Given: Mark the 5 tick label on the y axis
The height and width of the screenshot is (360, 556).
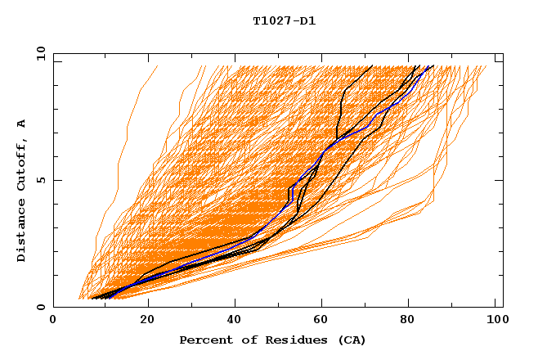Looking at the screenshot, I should (x=39, y=180).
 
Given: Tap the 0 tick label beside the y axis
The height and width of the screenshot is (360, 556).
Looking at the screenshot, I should (x=39, y=307).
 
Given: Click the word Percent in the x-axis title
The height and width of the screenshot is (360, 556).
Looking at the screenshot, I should (x=204, y=340).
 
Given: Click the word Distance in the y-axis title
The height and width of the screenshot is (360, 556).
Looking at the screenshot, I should (x=22, y=228).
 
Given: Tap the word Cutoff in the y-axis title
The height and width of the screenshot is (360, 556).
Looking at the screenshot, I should (x=22, y=164).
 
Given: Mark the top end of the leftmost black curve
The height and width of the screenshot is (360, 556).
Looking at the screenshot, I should (x=372, y=65).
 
